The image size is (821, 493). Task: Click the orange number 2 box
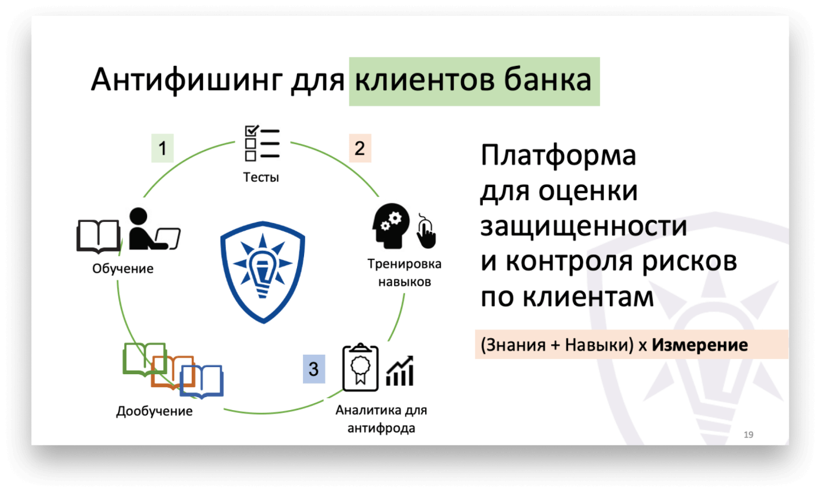(x=359, y=148)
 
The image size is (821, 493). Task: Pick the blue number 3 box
(x=313, y=369)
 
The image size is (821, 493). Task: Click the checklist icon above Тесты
(x=261, y=144)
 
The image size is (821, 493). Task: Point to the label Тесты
(x=261, y=177)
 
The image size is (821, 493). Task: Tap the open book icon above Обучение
(x=98, y=235)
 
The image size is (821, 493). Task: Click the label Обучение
(x=123, y=269)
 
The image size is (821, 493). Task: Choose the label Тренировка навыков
(x=405, y=272)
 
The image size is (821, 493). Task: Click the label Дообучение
(x=154, y=411)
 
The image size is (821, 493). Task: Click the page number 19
(x=749, y=435)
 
